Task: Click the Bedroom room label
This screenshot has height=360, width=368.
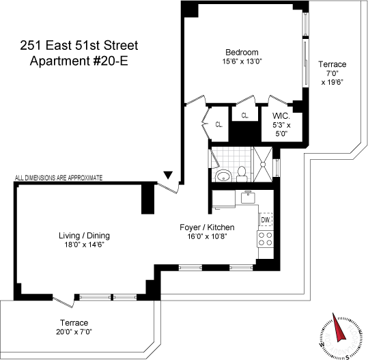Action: (x=242, y=52)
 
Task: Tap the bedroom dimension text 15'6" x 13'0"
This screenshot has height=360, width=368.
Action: (x=242, y=61)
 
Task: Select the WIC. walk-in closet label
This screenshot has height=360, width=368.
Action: (x=281, y=115)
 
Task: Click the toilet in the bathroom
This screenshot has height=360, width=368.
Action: (x=242, y=174)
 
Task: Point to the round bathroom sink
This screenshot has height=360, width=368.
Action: (x=224, y=176)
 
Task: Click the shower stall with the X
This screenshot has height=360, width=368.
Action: (x=263, y=164)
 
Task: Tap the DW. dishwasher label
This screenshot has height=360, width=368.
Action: (x=266, y=220)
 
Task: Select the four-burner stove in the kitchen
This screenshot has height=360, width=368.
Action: (x=266, y=238)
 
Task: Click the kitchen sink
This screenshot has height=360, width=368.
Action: (x=249, y=197)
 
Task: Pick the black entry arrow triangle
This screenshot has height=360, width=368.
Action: (x=168, y=175)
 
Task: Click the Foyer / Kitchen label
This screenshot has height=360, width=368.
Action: (x=207, y=227)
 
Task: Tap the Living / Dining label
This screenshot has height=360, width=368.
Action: (x=84, y=236)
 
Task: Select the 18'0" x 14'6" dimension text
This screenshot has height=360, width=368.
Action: (x=84, y=245)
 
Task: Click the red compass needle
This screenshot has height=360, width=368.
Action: (x=339, y=327)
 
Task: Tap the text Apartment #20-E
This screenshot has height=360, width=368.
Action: (x=79, y=61)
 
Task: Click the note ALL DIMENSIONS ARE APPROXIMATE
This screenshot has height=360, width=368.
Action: (x=59, y=178)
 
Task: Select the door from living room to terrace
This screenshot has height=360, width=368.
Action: (x=63, y=302)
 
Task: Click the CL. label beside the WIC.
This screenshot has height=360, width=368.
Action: (x=245, y=115)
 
